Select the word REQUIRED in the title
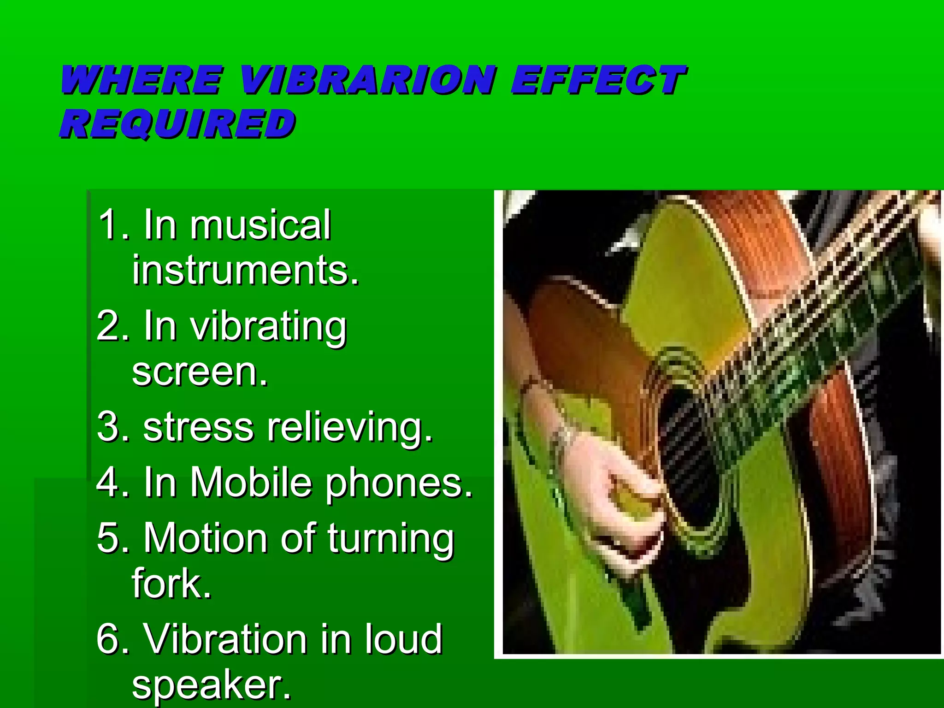(177, 124)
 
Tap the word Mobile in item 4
(251, 482)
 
